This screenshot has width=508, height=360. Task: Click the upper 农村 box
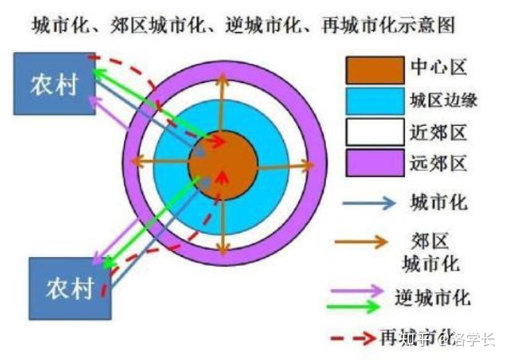point(54,84)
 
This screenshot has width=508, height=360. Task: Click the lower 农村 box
point(70,288)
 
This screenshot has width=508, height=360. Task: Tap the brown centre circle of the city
point(223,165)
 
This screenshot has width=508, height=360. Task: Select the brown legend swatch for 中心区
point(374,69)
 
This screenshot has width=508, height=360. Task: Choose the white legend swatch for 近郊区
point(374,132)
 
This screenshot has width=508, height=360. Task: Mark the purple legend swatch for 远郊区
point(374,162)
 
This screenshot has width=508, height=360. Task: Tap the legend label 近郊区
point(438,132)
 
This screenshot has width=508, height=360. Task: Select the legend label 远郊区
point(438,163)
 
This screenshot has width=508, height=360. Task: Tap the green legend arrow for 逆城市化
point(358,305)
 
